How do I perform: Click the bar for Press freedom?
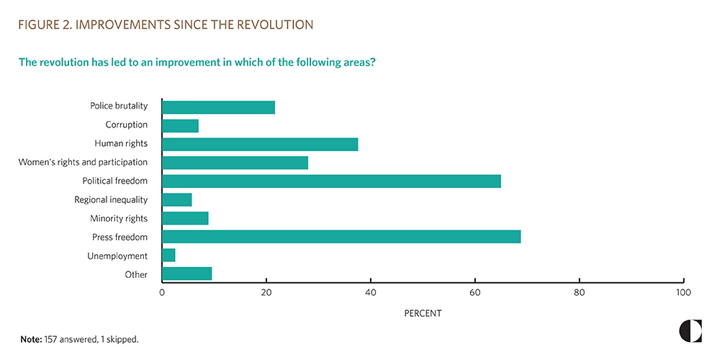[341, 237]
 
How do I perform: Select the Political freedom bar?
[331, 181]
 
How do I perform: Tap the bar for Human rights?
[260, 144]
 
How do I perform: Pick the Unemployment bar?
[169, 256]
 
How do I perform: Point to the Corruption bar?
[180, 125]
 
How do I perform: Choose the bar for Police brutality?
[218, 107]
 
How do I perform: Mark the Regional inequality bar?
[177, 199]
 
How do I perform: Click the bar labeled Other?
[187, 274]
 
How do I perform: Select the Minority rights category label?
[119, 218]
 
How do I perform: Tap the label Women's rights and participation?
[83, 162]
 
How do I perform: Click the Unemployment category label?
[117, 256]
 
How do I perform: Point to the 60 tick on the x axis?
[475, 293]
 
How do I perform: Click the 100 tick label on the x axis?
[683, 293]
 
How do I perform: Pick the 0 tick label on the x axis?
[162, 293]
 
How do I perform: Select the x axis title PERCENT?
[423, 313]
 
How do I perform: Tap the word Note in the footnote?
[30, 338]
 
